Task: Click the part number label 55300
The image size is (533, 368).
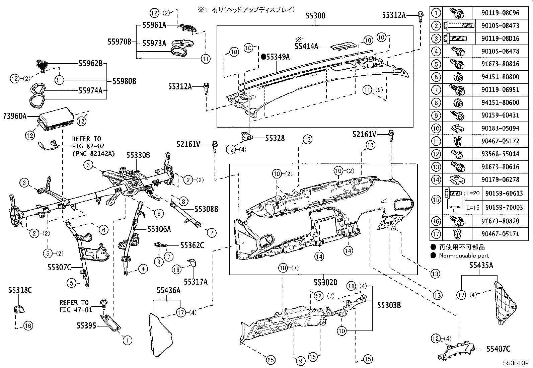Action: pos(315,16)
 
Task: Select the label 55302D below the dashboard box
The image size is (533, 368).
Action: pos(325,283)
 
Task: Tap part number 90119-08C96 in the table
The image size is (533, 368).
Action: pos(501,13)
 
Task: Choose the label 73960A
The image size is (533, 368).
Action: pos(15,116)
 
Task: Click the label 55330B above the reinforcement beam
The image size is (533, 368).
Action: pos(138,155)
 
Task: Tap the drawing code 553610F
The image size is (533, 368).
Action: pos(515,363)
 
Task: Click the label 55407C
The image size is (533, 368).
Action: pos(498,349)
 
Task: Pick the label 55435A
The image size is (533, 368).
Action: pos(481,266)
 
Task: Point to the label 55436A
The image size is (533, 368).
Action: pos(169,290)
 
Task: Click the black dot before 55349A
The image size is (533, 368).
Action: pos(263,57)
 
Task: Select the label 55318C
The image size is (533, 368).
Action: pos(20,290)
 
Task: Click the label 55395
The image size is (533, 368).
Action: pos(86,325)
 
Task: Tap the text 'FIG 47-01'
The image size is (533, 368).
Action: pos(75,310)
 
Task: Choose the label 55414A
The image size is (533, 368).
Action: pos(306,47)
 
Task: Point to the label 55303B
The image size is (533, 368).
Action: pos(389,305)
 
